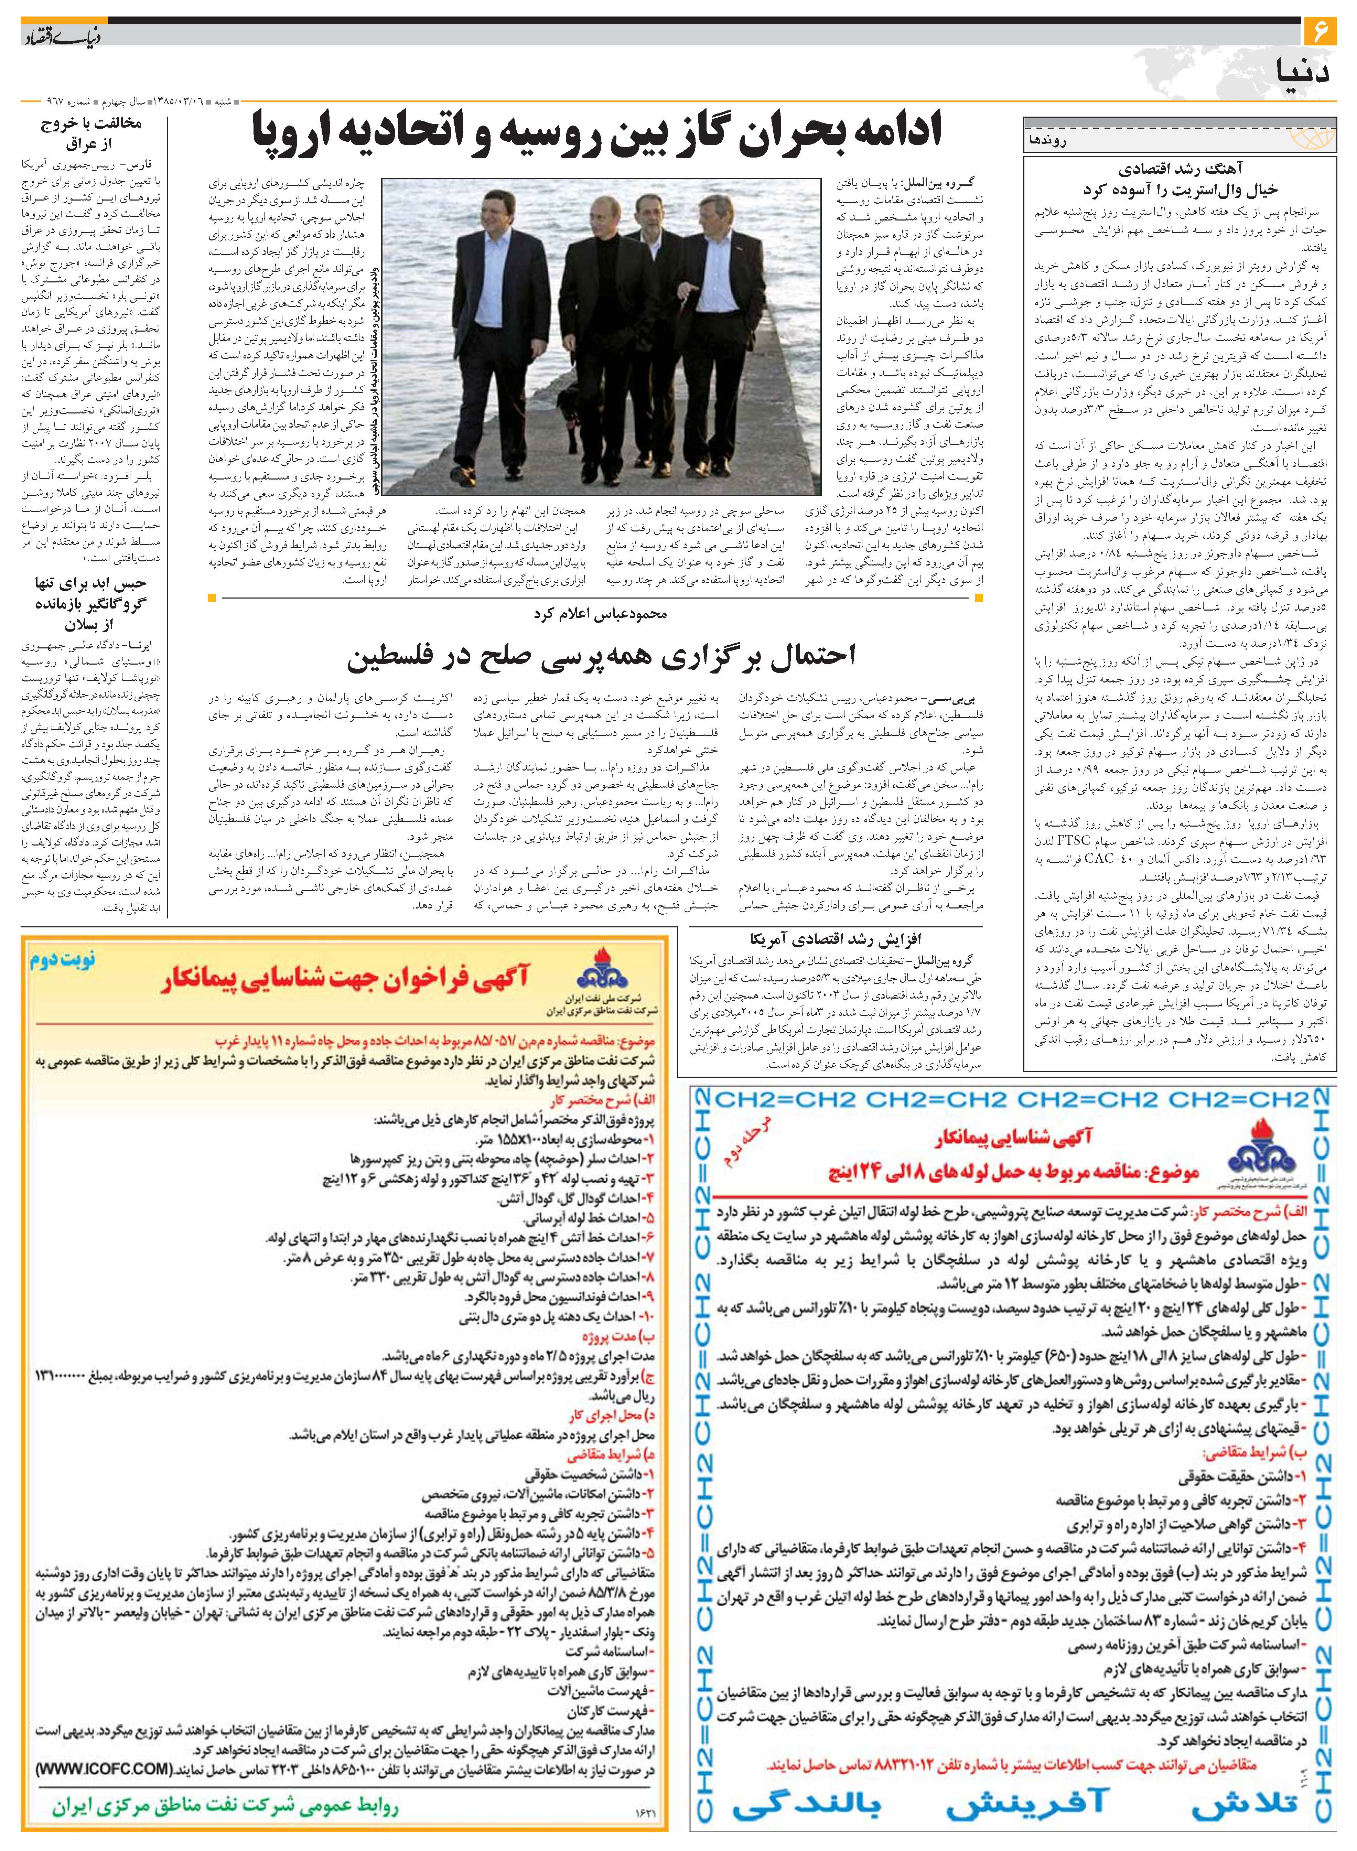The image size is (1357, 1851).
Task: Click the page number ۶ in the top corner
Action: (1321, 34)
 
